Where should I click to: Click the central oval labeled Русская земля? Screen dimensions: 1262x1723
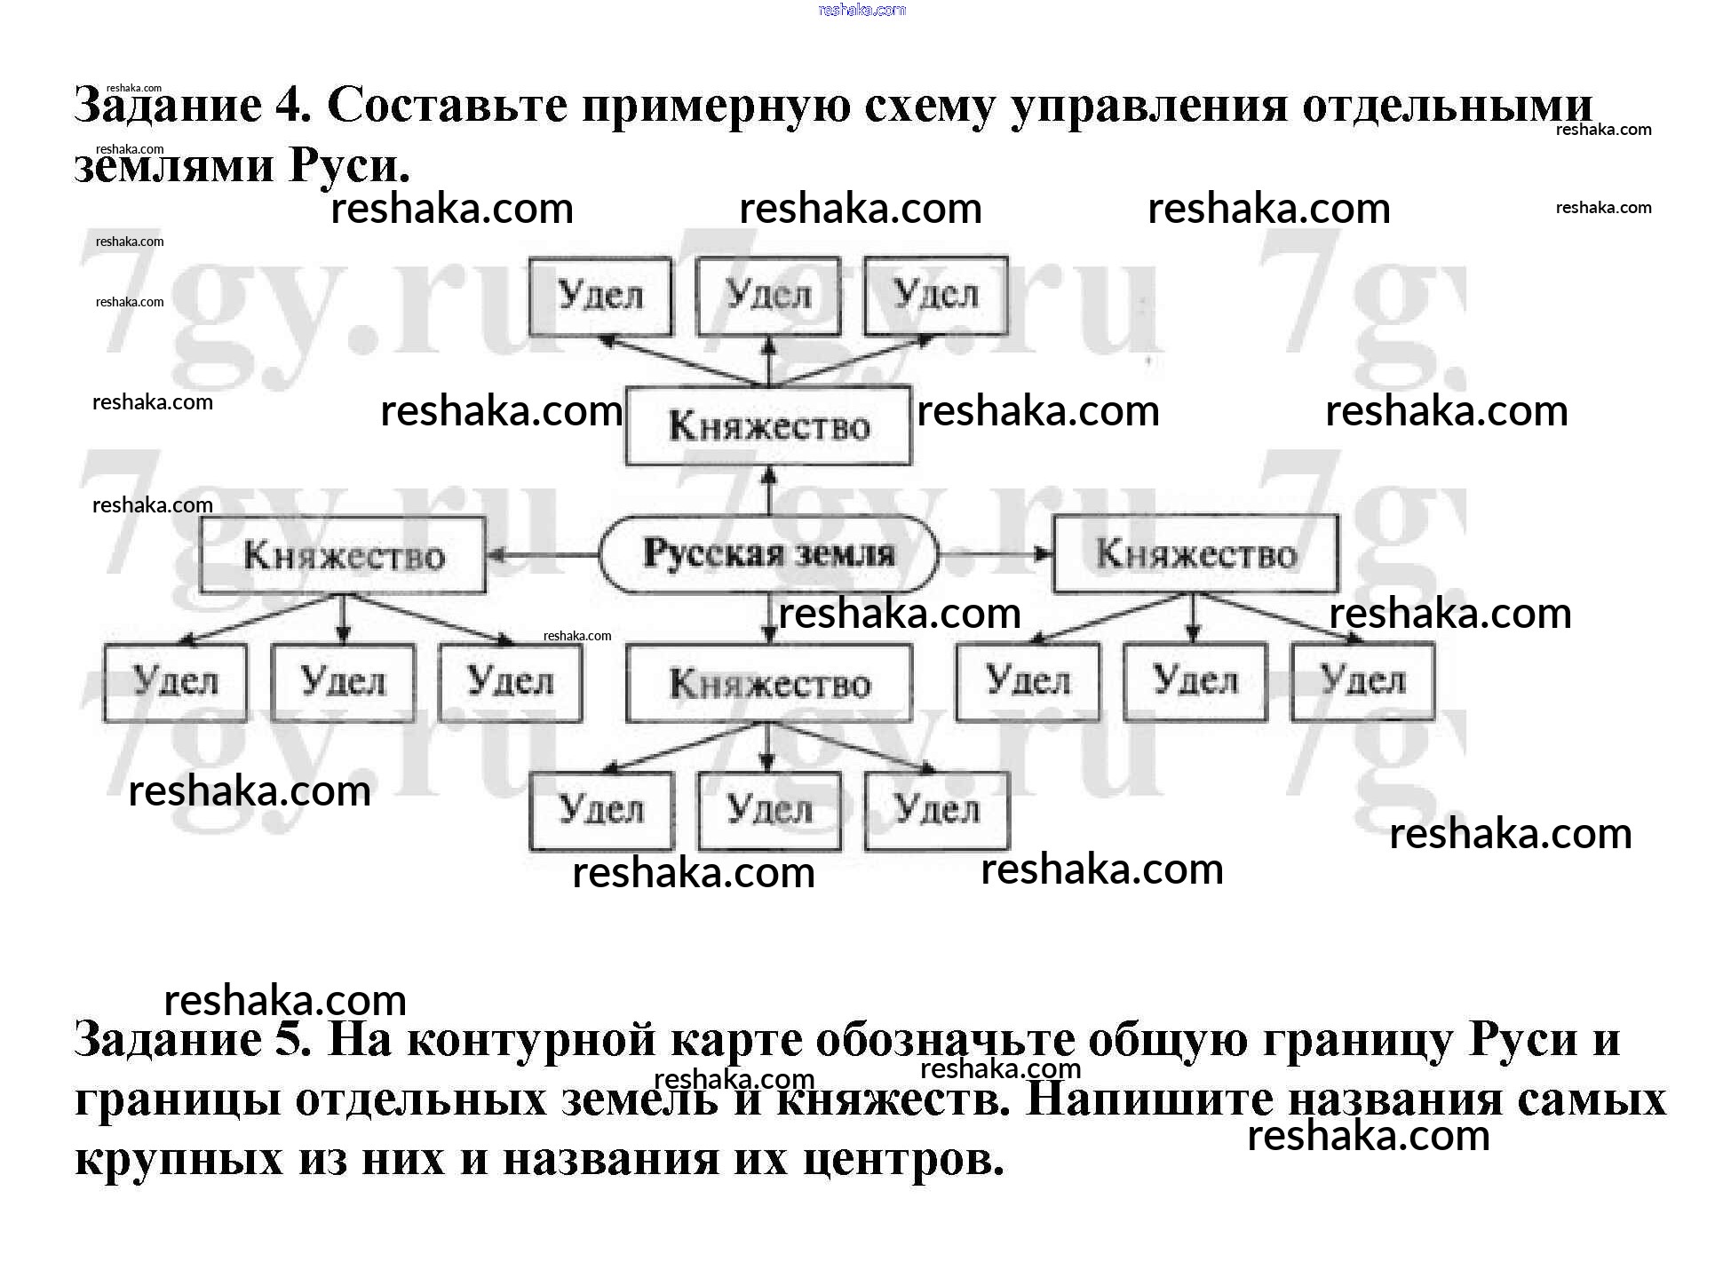pos(768,554)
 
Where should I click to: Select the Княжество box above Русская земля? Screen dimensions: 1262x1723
pos(768,425)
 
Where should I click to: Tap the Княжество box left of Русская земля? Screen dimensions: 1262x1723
pos(343,555)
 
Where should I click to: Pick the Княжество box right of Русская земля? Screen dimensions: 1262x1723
pos(1195,554)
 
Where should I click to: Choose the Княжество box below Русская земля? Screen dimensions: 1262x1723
pos(769,683)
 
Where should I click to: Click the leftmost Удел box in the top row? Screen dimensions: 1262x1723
pos(600,296)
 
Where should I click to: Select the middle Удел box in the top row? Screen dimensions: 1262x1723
pos(768,296)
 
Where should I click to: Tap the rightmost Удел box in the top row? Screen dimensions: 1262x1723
pos(936,296)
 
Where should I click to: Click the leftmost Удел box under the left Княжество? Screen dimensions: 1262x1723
pos(175,682)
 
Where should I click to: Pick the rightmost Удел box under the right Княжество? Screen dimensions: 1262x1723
pos(1362,682)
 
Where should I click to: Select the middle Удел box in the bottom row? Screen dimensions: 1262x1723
pos(769,811)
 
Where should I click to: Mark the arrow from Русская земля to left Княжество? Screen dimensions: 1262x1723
pos(543,556)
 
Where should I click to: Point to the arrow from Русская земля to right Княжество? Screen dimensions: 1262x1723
pos(996,554)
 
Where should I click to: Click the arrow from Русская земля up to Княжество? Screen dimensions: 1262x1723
pos(769,490)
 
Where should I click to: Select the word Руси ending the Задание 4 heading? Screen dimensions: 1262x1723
pos(348,165)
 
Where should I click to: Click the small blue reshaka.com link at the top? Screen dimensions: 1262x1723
pos(861,10)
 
